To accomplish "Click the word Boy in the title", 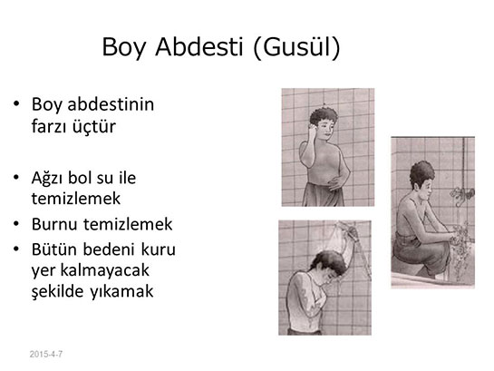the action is pyautogui.click(x=124, y=47).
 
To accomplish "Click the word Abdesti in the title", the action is pyautogui.click(x=199, y=46).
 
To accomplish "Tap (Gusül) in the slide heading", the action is pyautogui.click(x=296, y=47).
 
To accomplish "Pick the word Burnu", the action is pyautogui.click(x=54, y=224).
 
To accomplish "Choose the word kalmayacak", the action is pyautogui.click(x=104, y=270).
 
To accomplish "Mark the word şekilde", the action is pyautogui.click(x=58, y=291).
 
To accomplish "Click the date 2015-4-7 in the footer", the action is pyautogui.click(x=46, y=354).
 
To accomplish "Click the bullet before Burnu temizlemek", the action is pyautogui.click(x=16, y=224).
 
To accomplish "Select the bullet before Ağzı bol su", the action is pyautogui.click(x=16, y=177).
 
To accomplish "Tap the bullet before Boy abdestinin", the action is pyautogui.click(x=16, y=103).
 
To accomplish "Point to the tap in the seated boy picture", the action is pyautogui.click(x=462, y=193).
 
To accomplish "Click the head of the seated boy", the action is pyautogui.click(x=421, y=180).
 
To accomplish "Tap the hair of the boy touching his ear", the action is pyautogui.click(x=324, y=114).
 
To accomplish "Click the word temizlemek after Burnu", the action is pyautogui.click(x=128, y=224).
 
